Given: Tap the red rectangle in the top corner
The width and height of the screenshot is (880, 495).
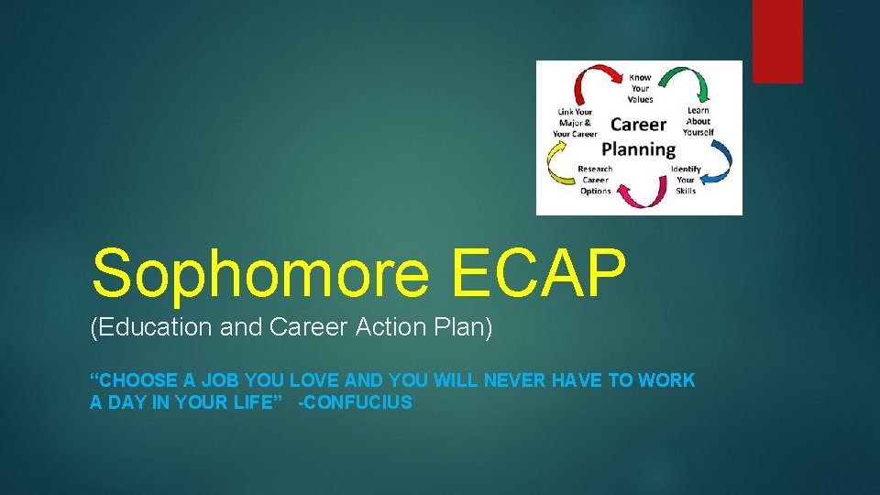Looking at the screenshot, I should coord(777,41).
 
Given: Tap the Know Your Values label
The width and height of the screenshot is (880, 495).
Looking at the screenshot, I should coord(640,88).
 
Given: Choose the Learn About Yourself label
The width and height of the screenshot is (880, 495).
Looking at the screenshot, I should coord(698,121).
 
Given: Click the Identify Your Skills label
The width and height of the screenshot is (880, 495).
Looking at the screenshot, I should coord(686,180).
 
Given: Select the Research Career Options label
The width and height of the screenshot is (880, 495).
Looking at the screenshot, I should coord(595,180).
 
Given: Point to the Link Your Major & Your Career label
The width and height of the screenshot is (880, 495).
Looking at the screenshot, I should coord(575,123).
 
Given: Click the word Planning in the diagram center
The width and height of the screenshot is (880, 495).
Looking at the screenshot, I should coord(639,148).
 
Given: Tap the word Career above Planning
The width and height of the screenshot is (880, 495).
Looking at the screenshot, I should coord(639,124).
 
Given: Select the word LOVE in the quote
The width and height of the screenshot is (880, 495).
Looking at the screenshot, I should coord(320,379).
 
